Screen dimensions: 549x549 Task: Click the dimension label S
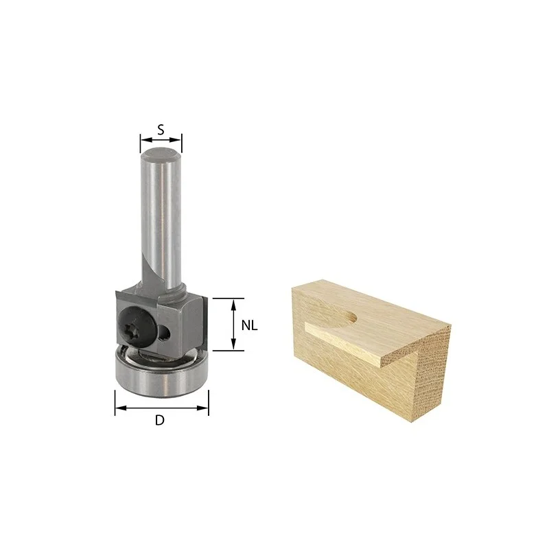[x=161, y=130]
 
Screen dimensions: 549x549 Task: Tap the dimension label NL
[x=249, y=325]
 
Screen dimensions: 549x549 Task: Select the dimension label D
[x=160, y=420]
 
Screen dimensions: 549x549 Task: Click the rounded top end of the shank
[x=161, y=153]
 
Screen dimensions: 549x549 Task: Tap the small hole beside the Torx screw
[x=164, y=331]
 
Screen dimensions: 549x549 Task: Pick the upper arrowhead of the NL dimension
[x=233, y=304]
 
